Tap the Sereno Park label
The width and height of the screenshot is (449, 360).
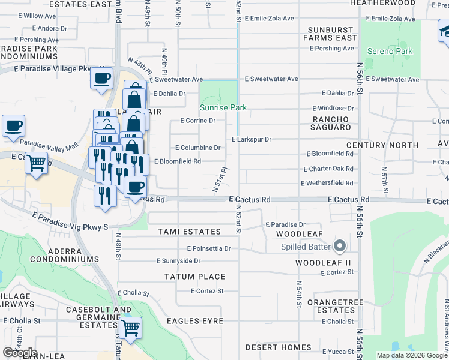[x=390, y=52]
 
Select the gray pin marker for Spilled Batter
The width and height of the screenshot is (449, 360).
[x=340, y=246]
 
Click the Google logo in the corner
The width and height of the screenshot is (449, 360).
[x=20, y=352]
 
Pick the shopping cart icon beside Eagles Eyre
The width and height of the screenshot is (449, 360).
[x=130, y=328]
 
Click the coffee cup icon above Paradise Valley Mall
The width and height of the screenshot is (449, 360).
[x=13, y=127]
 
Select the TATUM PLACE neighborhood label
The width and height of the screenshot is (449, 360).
[x=195, y=277]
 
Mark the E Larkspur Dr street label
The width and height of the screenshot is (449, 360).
[x=252, y=140]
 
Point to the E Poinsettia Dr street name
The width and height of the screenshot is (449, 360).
[x=209, y=248]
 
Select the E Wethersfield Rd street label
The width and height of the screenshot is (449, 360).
[x=327, y=183]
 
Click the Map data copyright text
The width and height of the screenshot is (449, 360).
[x=412, y=355]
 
